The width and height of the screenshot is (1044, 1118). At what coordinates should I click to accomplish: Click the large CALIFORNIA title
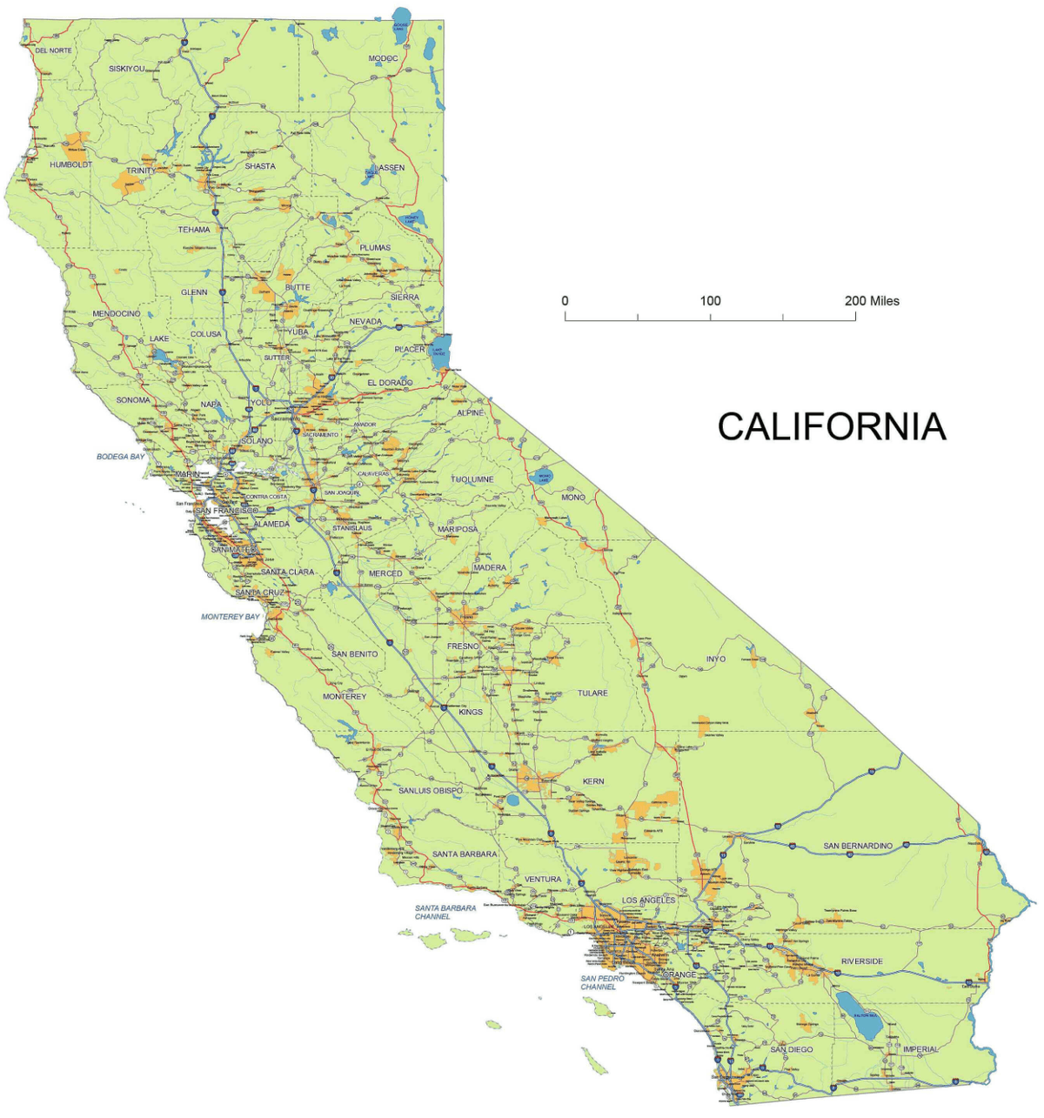point(831,426)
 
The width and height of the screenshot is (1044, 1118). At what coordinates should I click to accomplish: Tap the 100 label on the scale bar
point(710,301)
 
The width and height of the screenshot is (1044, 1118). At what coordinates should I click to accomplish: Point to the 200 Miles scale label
point(871,301)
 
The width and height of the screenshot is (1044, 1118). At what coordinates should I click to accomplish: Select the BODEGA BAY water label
point(121,457)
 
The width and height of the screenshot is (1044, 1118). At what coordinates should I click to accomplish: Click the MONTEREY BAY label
point(231,617)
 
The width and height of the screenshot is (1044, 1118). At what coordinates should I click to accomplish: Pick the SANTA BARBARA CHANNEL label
point(445,912)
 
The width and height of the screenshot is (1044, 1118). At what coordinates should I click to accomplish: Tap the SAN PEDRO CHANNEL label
point(602,983)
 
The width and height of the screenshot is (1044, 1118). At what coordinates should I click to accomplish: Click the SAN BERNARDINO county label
point(858,846)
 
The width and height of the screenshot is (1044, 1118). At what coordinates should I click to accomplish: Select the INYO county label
point(715,659)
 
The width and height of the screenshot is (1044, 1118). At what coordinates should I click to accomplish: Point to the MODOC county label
point(383,59)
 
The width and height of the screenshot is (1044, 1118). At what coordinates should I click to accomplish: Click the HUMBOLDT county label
point(70,164)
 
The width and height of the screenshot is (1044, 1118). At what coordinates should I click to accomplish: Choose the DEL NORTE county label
point(54,51)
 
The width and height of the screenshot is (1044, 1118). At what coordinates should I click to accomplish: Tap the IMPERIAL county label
point(920,1049)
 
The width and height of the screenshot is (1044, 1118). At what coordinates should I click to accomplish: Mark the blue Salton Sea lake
point(860,1014)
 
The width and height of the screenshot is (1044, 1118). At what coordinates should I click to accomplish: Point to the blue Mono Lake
point(545,477)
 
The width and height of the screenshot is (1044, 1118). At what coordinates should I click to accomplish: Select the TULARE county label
point(592,693)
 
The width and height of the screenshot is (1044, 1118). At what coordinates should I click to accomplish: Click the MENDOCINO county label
point(116,313)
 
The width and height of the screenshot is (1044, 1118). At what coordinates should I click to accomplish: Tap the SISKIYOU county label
point(127,68)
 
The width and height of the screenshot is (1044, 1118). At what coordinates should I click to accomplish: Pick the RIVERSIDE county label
point(861,961)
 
